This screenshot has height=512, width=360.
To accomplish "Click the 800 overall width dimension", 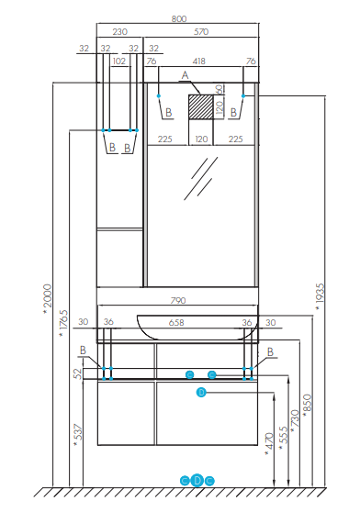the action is pos(179,19).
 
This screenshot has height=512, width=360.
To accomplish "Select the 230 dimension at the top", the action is pos(120,32).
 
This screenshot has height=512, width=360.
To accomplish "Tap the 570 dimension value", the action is pos(201,32).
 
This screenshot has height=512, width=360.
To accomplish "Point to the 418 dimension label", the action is pos(198,61).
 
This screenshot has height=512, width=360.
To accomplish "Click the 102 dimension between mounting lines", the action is pos(119,61).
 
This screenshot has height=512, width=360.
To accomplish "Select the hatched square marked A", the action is pos(200,106).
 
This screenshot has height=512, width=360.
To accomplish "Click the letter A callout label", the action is pos(185,75).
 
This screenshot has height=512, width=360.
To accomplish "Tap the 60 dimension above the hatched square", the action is pos(219,89).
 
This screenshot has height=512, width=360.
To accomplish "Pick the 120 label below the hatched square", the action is pos(201,139).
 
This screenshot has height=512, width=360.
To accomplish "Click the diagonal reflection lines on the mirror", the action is pos(200,178).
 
